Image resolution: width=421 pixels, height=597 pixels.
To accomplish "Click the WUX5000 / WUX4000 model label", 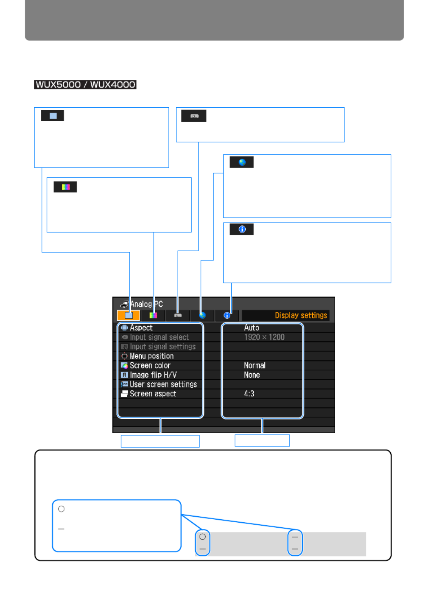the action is click(85, 85).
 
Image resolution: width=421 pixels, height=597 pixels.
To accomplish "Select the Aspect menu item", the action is click(141, 327).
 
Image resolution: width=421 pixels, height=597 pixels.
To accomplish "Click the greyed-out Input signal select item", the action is click(159, 337).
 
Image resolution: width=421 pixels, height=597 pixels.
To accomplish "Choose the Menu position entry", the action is click(151, 356).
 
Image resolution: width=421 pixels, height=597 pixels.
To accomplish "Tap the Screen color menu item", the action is click(150, 365).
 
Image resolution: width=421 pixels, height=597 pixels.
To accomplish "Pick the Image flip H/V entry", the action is click(153, 375).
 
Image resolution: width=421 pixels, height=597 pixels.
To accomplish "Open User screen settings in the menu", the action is click(163, 384).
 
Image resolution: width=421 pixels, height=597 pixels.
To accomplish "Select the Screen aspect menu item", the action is click(153, 394).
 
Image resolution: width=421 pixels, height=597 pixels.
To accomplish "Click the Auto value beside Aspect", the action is click(251, 327).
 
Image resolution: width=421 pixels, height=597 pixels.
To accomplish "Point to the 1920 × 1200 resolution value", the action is click(264, 337).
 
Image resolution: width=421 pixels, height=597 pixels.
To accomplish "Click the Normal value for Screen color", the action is click(254, 365).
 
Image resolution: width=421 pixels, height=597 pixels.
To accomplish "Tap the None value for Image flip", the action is click(252, 375).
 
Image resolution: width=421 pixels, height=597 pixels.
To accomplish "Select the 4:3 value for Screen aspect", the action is click(249, 394).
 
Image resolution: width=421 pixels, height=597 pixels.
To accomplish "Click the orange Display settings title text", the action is click(301, 315).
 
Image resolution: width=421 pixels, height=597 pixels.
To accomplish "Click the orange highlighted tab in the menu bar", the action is click(128, 315).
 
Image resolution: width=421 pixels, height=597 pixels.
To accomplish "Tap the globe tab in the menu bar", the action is click(203, 315).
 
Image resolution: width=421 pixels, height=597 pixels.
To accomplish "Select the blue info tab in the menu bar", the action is click(227, 315).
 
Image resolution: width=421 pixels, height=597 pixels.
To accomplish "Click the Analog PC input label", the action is click(146, 304).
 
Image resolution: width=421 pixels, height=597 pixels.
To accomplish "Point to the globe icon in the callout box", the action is click(242, 162).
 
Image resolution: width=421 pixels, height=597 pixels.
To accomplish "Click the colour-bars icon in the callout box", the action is click(66, 187).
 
